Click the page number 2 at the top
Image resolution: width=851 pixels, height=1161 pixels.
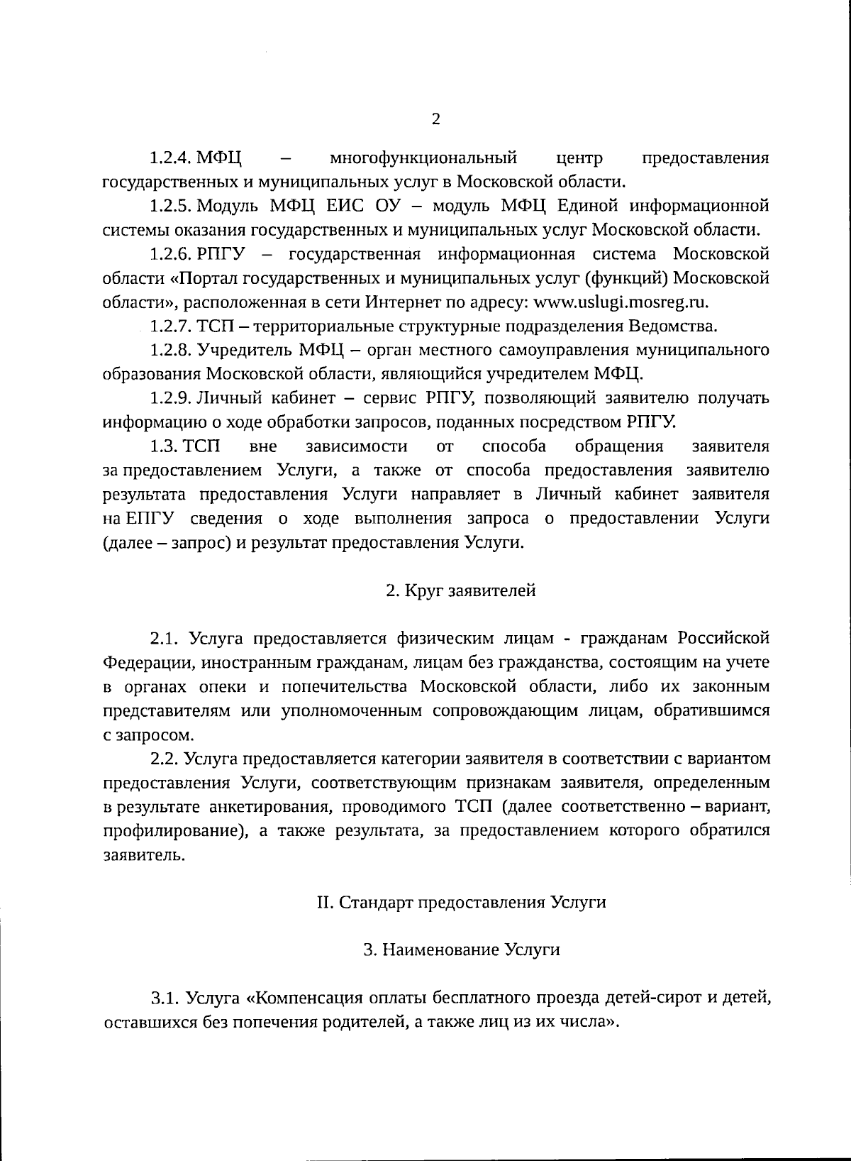pos(435,119)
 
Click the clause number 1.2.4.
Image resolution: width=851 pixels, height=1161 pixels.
pos(171,157)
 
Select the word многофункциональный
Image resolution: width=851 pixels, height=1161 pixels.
pos(423,157)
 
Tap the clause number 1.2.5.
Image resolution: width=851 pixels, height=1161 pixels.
pos(171,206)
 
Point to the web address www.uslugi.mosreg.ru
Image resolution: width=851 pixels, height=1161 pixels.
pos(621,302)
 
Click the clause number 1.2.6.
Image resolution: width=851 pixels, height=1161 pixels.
pos(171,254)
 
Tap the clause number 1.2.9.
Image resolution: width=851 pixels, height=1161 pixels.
pos(171,398)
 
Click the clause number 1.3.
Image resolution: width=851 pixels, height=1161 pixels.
pos(164,446)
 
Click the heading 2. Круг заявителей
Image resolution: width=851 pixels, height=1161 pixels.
pos(460,590)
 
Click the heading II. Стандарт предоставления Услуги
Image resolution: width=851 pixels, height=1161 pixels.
pos(461,903)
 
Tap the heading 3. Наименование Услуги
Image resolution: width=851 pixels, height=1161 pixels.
pos(461,950)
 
